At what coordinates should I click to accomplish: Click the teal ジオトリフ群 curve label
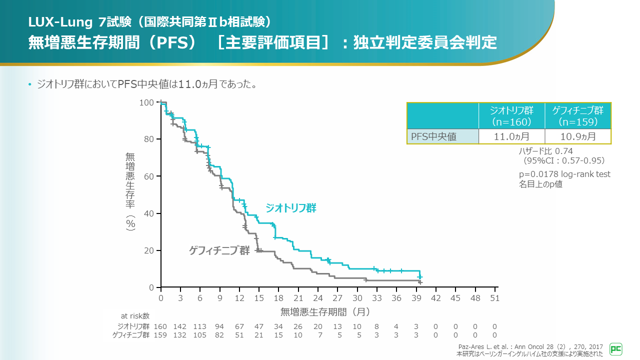290,208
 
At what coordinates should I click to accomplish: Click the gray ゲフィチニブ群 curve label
219,250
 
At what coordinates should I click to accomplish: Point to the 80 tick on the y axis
149,139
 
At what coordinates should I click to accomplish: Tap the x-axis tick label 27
337,298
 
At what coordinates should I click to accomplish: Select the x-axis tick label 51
494,298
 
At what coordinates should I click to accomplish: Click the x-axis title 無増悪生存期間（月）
325,312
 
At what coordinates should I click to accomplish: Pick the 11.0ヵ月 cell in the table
511,136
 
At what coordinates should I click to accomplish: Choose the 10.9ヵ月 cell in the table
577,136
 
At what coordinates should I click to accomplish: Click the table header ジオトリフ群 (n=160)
511,116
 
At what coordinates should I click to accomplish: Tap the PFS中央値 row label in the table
433,136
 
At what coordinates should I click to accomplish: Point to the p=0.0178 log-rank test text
564,174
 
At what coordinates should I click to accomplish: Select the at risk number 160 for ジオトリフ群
160,326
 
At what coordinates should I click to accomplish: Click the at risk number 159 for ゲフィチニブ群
160,335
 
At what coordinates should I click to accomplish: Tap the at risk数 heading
135,316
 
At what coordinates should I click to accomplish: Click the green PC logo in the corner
616,348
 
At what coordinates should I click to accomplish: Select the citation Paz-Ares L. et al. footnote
530,346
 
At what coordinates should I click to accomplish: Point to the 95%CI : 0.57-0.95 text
564,160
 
